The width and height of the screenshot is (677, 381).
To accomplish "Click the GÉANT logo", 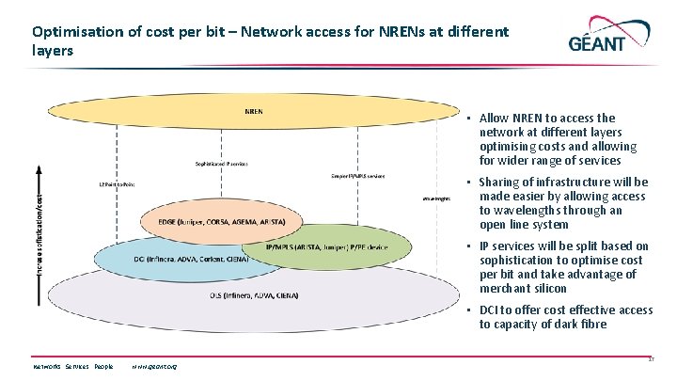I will pyautogui.click(x=611, y=40).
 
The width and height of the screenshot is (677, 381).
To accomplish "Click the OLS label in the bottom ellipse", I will pyautogui.click(x=253, y=295).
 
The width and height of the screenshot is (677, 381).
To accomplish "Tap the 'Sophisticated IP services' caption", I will pyautogui.click(x=221, y=163).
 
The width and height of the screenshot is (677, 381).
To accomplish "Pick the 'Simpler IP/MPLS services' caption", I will pyautogui.click(x=358, y=176).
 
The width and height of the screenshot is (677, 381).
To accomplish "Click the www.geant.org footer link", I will pyautogui.click(x=155, y=366).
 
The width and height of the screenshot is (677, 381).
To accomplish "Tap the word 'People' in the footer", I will pyautogui.click(x=103, y=366).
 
